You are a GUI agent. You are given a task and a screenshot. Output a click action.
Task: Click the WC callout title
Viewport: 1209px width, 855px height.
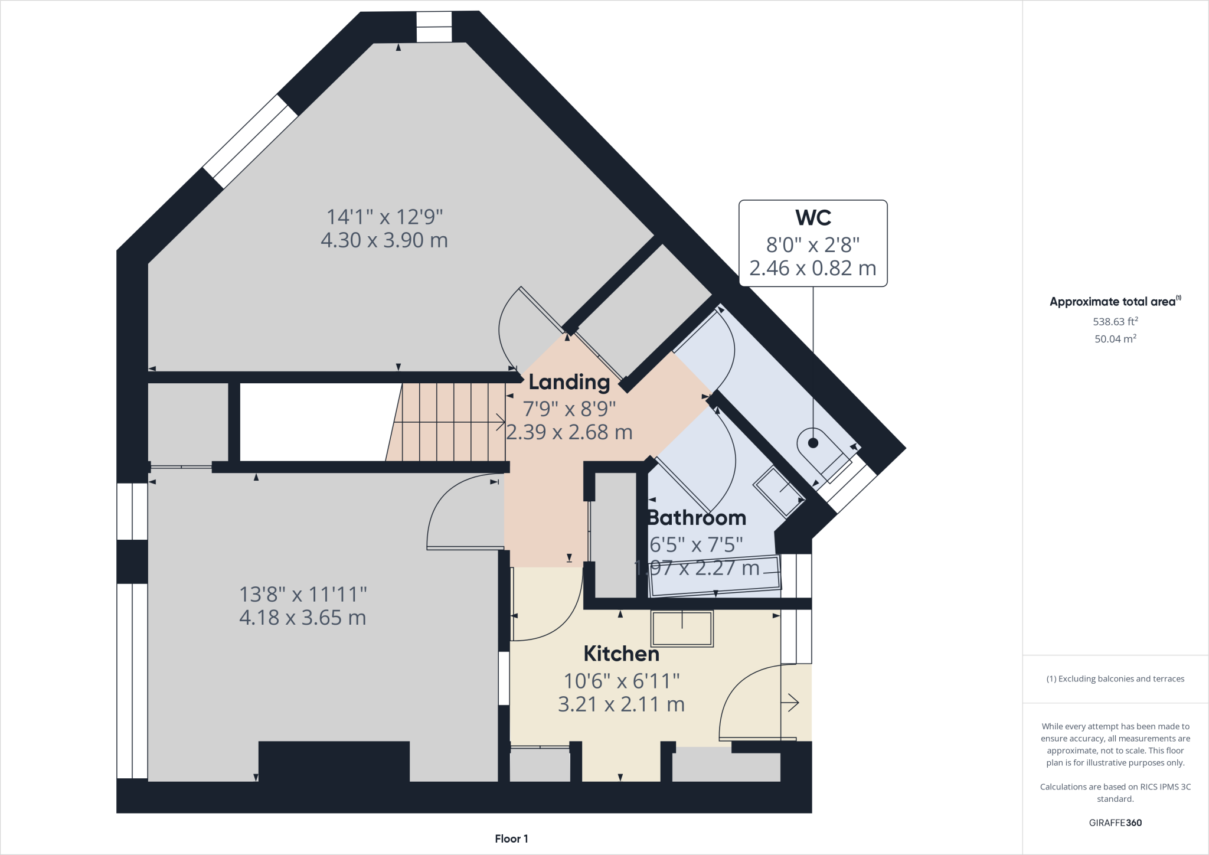coord(813,218)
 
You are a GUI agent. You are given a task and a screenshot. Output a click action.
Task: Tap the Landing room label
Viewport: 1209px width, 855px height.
coord(568,382)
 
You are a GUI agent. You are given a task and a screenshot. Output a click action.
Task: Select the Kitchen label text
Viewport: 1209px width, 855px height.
coord(621,654)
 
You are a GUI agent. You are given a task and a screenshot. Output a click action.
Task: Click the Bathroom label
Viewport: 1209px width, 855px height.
coord(697,518)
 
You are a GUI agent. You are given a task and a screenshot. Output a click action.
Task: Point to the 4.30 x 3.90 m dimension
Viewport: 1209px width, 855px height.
coord(384,240)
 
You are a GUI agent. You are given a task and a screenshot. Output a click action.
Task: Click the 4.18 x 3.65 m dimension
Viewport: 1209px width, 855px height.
coord(302,618)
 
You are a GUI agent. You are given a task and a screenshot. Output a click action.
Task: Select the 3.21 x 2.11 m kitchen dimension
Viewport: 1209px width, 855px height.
coord(621,704)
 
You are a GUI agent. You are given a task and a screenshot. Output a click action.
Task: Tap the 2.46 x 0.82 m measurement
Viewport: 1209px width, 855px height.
coord(812,268)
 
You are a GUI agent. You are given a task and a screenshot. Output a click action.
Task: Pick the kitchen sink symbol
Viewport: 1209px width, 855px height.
coord(682,629)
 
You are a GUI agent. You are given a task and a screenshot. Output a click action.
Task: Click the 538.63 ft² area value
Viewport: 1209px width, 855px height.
coord(1115,322)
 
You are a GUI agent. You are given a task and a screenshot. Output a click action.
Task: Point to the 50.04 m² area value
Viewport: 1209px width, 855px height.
coord(1115,339)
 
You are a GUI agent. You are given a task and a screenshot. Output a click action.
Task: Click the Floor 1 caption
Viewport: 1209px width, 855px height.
coord(511,838)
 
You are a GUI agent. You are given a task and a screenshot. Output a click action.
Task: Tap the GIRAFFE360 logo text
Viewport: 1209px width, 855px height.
coord(1115,823)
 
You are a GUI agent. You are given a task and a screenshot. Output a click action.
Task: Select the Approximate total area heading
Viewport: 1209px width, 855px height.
coord(1113,302)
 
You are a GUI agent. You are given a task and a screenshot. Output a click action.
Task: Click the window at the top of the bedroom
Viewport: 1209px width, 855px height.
coord(434,27)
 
